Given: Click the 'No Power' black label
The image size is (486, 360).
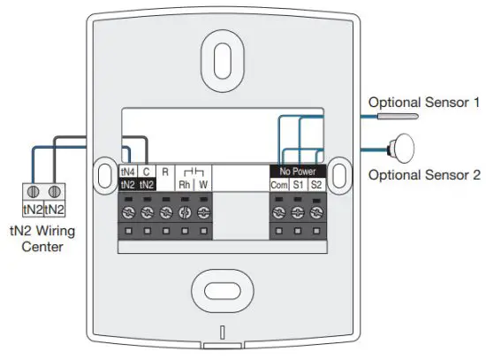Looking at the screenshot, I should [297, 170].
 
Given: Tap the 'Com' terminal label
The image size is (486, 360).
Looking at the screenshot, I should [278, 184].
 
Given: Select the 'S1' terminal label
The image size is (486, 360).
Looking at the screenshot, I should [298, 184].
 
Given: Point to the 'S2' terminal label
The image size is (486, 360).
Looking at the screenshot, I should [317, 184].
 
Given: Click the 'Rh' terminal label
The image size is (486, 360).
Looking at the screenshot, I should [185, 184].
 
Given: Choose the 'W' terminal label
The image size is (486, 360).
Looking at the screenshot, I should [203, 184].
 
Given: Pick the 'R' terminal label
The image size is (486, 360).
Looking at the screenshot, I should [165, 171].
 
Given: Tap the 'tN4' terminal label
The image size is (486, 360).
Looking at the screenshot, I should [127, 171].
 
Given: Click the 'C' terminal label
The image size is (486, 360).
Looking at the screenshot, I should [147, 171].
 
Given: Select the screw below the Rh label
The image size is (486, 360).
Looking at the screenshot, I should [185, 212].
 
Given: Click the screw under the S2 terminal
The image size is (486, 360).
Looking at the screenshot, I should [317, 212].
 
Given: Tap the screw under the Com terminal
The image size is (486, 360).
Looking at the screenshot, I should [278, 212].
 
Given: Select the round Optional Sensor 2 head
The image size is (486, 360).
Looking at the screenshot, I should [405, 145].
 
